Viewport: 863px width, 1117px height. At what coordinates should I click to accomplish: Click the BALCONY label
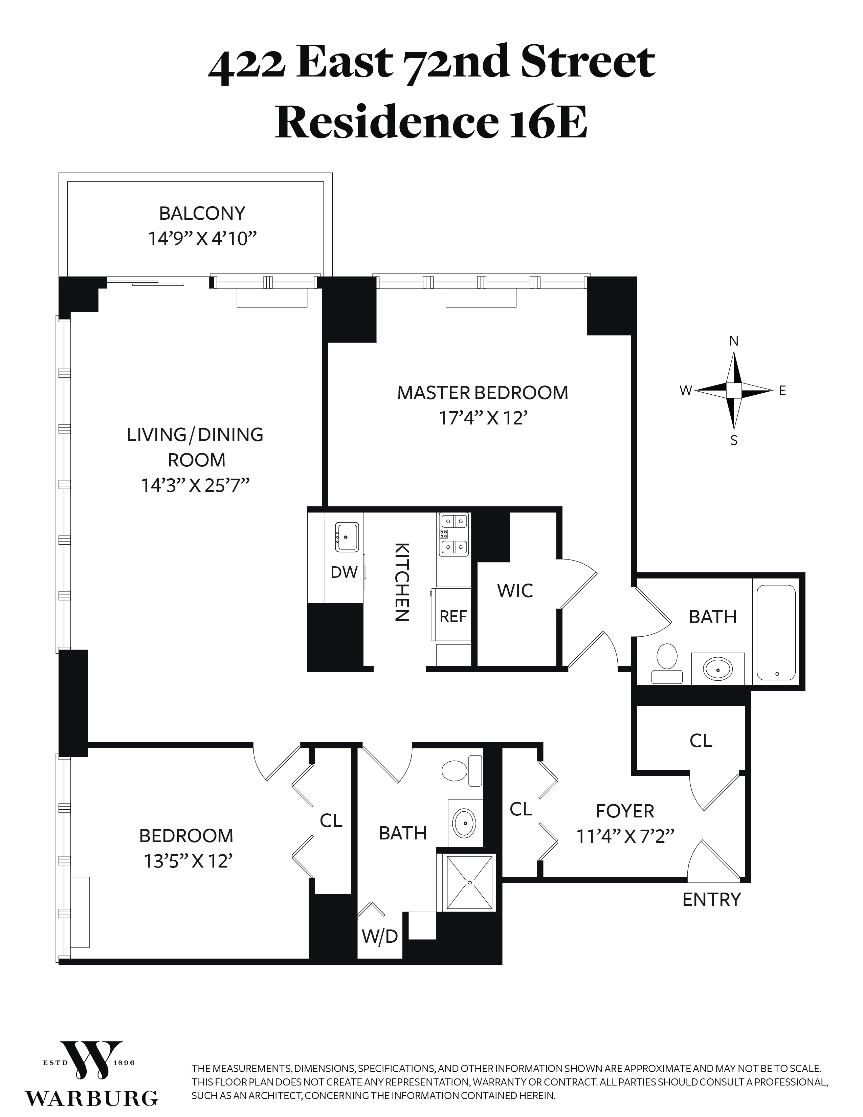tap(202, 213)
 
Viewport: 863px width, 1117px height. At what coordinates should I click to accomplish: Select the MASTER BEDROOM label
tap(483, 393)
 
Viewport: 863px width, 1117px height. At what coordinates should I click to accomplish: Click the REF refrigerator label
tap(453, 616)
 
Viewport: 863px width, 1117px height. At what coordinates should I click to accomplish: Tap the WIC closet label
tap(515, 591)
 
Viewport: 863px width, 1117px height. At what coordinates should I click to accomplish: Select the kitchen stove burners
tap(454, 534)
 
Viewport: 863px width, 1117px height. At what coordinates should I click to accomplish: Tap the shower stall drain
tap(470, 882)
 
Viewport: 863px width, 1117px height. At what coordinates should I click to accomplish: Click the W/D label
tap(380, 937)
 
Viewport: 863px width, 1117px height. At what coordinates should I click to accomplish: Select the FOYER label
tap(625, 811)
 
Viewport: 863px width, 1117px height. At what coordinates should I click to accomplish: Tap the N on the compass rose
tap(734, 341)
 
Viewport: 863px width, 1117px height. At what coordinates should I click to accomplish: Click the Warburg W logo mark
tap(91, 1056)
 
